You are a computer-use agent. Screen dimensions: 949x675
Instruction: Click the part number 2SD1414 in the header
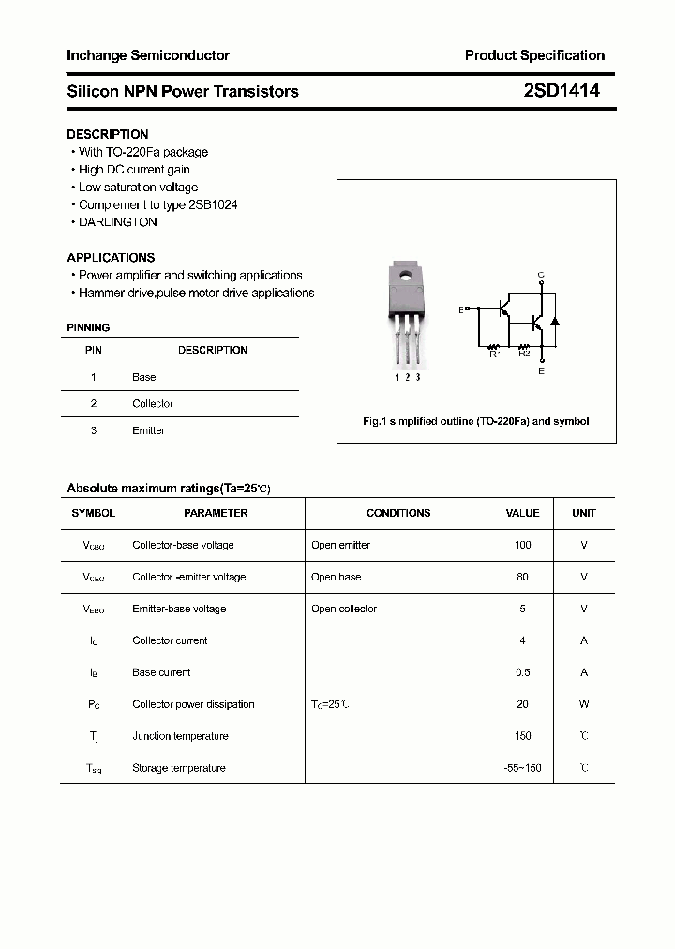(561, 91)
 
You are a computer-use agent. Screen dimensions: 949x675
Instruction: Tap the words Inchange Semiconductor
(148, 55)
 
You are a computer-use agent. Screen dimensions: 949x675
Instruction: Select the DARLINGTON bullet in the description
(117, 222)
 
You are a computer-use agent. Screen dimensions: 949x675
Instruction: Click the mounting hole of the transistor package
(406, 276)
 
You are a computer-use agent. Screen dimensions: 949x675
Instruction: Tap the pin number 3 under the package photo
(417, 377)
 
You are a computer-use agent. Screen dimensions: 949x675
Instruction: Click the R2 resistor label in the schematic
(524, 354)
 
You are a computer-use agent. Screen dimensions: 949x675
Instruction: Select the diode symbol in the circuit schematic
(554, 321)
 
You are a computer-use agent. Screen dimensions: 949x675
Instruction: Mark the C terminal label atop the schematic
(541, 275)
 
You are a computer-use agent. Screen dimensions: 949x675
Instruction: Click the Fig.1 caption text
(476, 421)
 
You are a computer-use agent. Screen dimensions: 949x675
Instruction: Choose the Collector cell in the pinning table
(153, 403)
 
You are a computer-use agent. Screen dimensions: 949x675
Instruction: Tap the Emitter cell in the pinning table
(148, 430)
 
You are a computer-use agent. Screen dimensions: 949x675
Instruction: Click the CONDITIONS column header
(398, 513)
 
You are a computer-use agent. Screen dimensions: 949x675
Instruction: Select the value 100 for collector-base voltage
(522, 545)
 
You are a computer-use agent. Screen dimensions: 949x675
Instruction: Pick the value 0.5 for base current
(522, 672)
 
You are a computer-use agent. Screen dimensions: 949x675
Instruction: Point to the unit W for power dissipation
(584, 704)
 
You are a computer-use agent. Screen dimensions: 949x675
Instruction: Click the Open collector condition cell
(344, 609)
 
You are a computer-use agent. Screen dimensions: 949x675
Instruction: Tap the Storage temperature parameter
(179, 768)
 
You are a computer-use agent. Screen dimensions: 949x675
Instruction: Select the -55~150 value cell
(522, 768)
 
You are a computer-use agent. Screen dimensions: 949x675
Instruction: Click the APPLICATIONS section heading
(111, 257)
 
